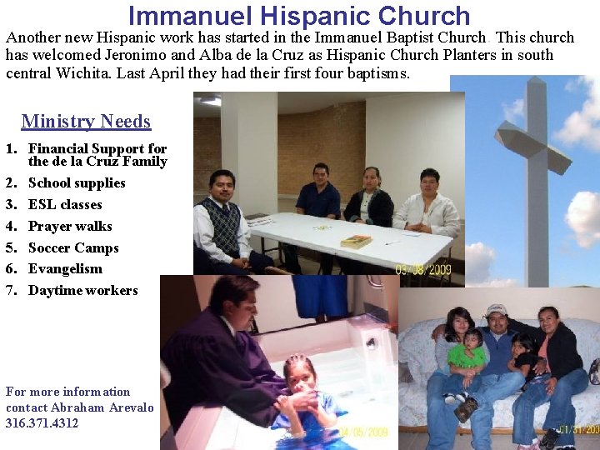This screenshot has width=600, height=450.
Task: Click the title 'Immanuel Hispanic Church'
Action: point(299,15)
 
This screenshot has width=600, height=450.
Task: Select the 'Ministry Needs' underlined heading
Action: point(86,122)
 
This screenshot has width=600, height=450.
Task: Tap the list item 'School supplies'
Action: point(77,183)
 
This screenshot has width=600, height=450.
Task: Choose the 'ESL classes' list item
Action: point(65,205)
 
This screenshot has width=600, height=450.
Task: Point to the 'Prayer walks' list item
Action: point(70,227)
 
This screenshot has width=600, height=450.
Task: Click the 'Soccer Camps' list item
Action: point(73,248)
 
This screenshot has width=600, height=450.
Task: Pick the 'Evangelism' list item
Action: point(65,269)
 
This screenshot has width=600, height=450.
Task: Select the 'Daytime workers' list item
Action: point(82,291)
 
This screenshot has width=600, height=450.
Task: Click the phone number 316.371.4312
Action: point(42,423)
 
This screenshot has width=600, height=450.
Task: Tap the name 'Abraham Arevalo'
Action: point(102,407)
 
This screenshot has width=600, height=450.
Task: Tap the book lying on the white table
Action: point(356,241)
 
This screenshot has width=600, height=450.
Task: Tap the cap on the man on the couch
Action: point(497,310)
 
